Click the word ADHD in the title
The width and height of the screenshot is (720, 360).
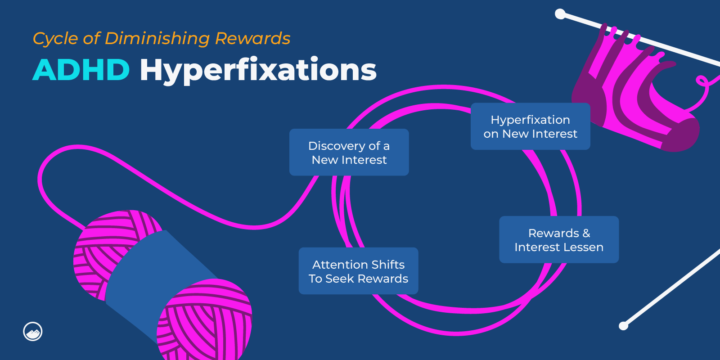(x=81, y=70)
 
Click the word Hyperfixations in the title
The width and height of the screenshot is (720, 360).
(x=258, y=70)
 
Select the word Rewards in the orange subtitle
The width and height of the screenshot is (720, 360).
(x=252, y=39)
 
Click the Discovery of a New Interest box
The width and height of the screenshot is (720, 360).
(x=349, y=152)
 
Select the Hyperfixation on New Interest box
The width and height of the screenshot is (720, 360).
(x=530, y=126)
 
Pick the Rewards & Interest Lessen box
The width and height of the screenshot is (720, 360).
(x=559, y=239)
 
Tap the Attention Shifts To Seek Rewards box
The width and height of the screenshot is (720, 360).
(x=358, y=271)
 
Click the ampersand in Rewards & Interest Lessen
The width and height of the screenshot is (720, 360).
(x=586, y=233)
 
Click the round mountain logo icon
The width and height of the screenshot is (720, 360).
(x=33, y=332)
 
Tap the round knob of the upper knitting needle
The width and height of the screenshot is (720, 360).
(x=560, y=14)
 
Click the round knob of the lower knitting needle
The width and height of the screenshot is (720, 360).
(x=623, y=326)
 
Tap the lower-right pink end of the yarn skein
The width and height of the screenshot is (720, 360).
(x=205, y=319)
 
